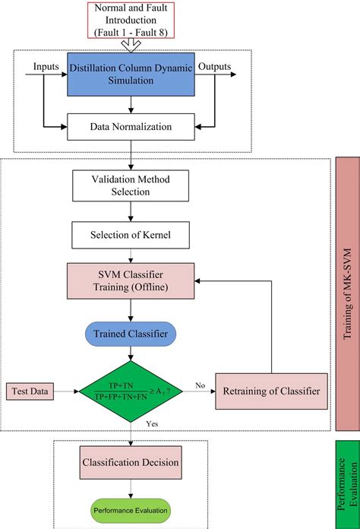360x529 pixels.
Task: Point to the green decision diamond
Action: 134,391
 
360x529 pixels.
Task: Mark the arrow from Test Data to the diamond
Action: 65,391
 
